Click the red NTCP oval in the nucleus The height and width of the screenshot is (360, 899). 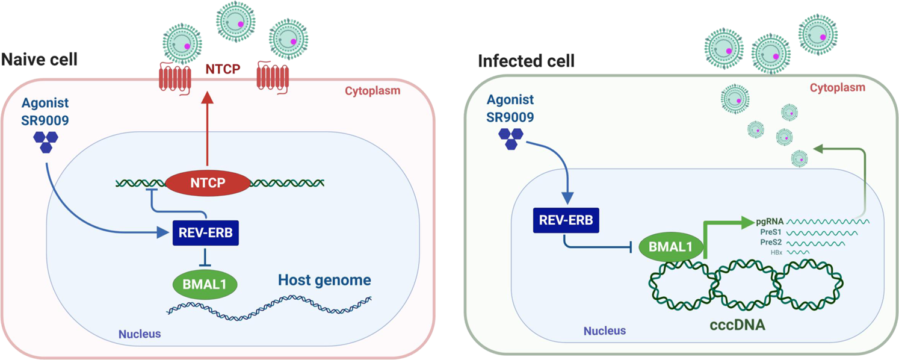point(206,182)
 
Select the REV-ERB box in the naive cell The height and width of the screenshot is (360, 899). point(205,232)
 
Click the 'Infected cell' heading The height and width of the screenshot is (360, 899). point(526,61)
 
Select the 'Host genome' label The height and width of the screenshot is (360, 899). point(324,280)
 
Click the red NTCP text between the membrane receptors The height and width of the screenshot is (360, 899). point(223,70)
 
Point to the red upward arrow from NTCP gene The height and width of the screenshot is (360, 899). point(206,126)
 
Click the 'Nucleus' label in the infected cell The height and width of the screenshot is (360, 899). point(605,331)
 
